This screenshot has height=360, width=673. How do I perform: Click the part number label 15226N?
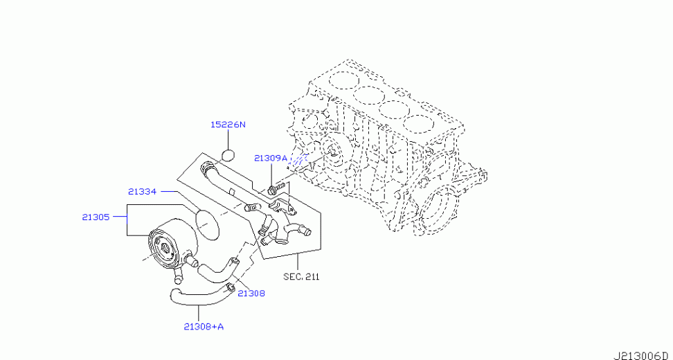click(228, 125)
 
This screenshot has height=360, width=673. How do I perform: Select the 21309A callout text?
click(271, 158)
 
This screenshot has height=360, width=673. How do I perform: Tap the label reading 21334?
click(142, 191)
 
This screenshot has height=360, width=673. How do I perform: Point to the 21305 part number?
click(96, 217)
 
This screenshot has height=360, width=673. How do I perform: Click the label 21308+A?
click(204, 327)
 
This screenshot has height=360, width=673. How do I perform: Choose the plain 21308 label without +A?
click(251, 294)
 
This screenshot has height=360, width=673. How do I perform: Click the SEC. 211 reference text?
click(301, 277)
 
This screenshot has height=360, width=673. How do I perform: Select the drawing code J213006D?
click(643, 355)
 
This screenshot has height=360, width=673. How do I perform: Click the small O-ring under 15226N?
click(228, 154)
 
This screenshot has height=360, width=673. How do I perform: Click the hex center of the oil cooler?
click(165, 247)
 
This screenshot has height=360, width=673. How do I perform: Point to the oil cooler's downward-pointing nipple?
click(177, 277)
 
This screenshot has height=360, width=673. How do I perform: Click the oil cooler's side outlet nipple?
click(190, 261)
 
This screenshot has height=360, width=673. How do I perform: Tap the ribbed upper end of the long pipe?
click(208, 166)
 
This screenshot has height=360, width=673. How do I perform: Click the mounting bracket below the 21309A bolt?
click(283, 206)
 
